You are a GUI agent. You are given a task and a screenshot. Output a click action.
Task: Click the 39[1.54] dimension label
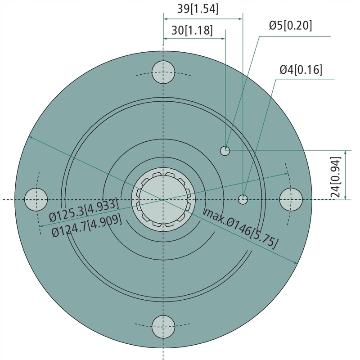coord(198,9)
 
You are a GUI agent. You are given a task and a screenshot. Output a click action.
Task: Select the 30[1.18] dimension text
coord(192,30)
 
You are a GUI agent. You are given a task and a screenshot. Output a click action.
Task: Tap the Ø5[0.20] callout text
coord(290,25)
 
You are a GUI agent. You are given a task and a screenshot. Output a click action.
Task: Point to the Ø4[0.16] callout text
coord(301,69)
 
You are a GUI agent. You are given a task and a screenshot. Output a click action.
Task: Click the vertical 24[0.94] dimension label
coord(336,177)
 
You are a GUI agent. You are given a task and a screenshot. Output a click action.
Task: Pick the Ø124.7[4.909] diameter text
coord(87,225)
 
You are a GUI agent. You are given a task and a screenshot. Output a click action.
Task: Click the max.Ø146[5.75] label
coord(241,228)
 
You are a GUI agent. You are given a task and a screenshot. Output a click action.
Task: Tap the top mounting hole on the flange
coord(163,72)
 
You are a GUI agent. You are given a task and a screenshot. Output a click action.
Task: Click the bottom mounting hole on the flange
coord(163,327)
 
